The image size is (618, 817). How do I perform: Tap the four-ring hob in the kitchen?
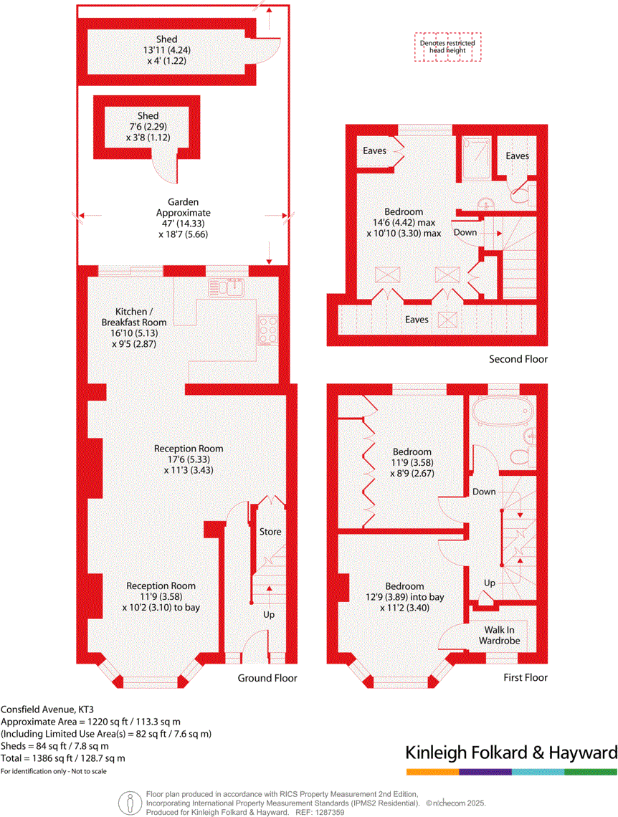[269, 330]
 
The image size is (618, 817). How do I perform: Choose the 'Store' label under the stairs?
[270, 532]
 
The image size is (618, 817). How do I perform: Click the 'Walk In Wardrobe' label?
[499, 635]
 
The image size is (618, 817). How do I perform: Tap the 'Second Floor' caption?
[518, 359]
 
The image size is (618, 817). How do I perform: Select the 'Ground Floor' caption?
[267, 677]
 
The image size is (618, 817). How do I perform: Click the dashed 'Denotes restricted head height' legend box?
[448, 47]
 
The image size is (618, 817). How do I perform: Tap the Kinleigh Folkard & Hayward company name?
[511, 753]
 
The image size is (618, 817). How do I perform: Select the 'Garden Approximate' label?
[184, 208]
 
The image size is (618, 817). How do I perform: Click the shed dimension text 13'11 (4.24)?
[166, 50]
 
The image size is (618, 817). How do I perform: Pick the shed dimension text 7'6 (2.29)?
[148, 127]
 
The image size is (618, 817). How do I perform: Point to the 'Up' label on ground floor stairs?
[268, 615]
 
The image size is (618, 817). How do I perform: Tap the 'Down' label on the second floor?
[465, 232]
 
